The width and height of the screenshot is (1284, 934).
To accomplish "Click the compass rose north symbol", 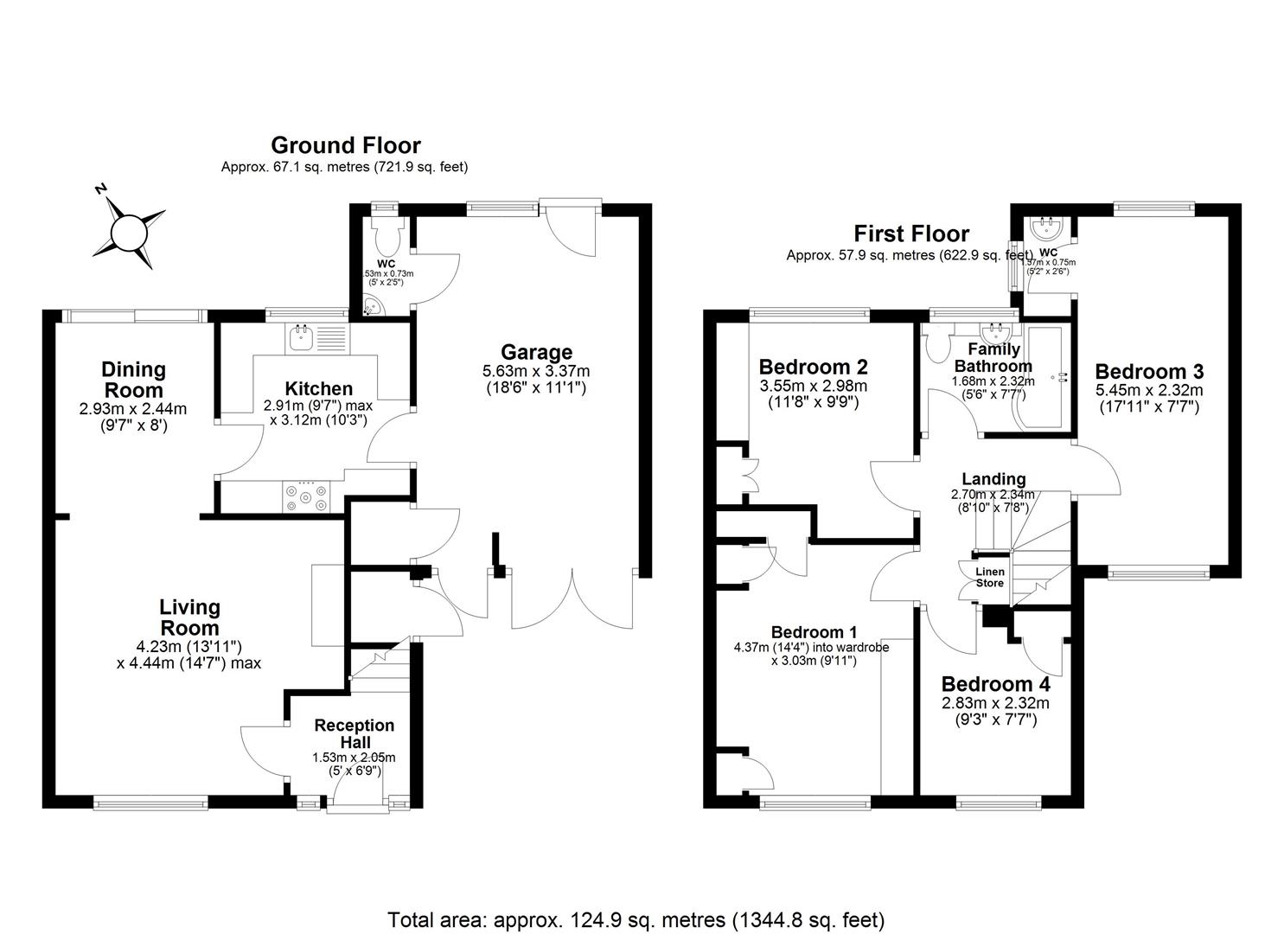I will pos(130,231).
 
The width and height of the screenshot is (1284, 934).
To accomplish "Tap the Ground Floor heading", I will pos(345,145).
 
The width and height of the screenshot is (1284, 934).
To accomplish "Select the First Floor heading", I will pos(911,233).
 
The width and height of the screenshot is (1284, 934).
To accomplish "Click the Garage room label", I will pos(536,352).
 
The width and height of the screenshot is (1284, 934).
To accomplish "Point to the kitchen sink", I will pos(302,338).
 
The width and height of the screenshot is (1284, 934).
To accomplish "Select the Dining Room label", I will pos(133,380).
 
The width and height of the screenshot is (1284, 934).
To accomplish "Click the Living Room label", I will pos(189,617).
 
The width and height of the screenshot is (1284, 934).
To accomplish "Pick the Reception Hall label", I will pos(355,733).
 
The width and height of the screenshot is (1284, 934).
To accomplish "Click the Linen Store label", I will pos(990,578).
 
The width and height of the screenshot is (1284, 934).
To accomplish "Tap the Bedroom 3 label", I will pos(1148,372).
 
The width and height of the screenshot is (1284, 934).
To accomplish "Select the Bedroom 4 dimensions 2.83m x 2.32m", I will pos(995,703).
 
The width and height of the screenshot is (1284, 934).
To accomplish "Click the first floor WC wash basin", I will pos(1044,229).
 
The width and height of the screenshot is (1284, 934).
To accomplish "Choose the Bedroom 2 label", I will pos(813,367).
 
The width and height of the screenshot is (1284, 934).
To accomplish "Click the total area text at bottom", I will pos(636,918).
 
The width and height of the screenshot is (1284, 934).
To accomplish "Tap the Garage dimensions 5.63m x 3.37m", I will pos(536,371).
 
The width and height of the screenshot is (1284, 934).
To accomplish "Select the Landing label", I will pos(993,479).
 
